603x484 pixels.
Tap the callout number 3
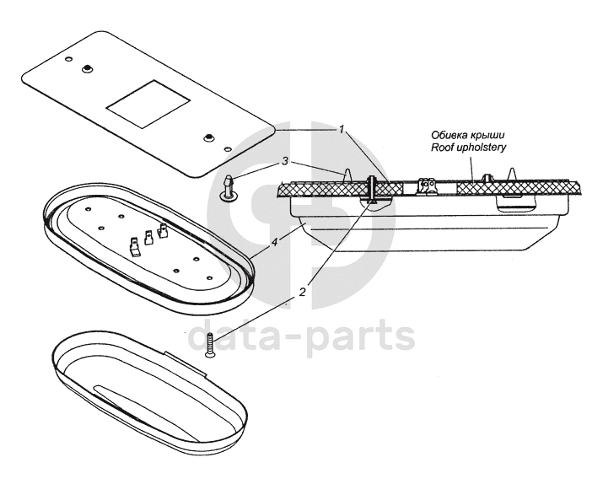pyautogui.click(x=286, y=160)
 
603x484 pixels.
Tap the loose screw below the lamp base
pyautogui.click(x=208, y=347)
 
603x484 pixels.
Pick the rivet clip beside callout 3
pyautogui.click(x=229, y=187)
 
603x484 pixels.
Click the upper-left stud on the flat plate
pyautogui.click(x=87, y=67)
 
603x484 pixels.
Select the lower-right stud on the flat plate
pyautogui.click(x=209, y=137)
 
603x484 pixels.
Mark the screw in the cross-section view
pyautogui.click(x=372, y=191)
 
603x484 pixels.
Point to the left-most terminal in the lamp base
pyautogui.click(x=133, y=246)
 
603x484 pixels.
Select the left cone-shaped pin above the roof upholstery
pyautogui.click(x=347, y=173)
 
